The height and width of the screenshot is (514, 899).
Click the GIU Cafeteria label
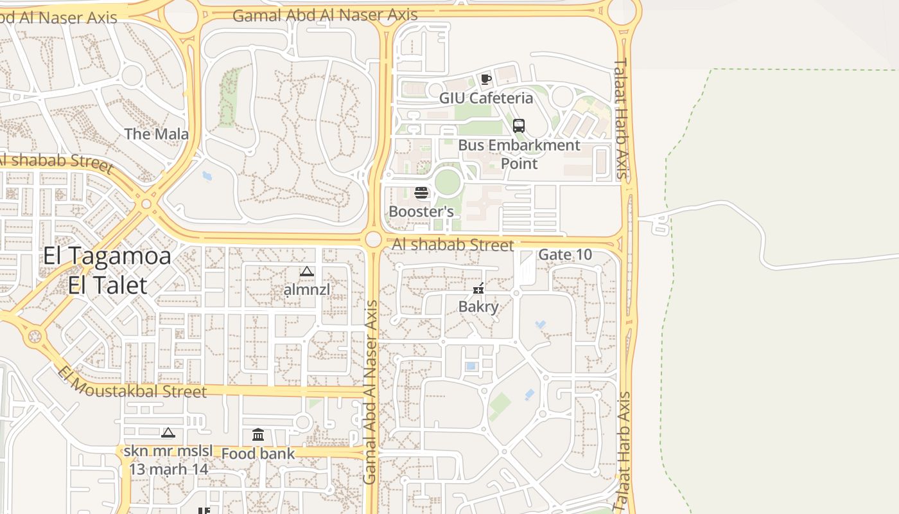coord(486,98)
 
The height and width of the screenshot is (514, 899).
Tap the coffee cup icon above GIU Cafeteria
coord(486,79)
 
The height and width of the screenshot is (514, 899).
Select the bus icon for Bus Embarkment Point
coord(519,126)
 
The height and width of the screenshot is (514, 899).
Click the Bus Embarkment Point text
coord(519,154)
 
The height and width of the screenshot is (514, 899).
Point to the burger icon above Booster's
coord(421,193)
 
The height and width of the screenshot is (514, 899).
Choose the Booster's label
coord(421,211)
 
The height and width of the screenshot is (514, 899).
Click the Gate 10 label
coord(565,254)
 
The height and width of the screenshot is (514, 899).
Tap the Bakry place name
coord(478,306)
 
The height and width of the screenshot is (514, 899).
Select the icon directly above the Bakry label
coord(478,288)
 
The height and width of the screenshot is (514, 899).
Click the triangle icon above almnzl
coord(307,272)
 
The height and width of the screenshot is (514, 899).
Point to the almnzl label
coord(307,290)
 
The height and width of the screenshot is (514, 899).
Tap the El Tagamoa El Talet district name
coord(107,270)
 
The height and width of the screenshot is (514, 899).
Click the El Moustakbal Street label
coord(132,383)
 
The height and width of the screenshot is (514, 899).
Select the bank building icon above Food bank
coord(258,435)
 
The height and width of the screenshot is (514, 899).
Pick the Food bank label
coord(258,454)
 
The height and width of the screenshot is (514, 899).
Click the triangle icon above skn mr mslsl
coord(168,433)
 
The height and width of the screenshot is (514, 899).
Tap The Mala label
coord(157,134)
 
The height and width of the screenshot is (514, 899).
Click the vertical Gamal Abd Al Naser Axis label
coord(371,392)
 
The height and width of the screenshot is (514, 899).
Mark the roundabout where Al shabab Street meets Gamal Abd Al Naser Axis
coord(373,240)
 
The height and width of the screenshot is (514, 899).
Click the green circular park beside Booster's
coord(448,182)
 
